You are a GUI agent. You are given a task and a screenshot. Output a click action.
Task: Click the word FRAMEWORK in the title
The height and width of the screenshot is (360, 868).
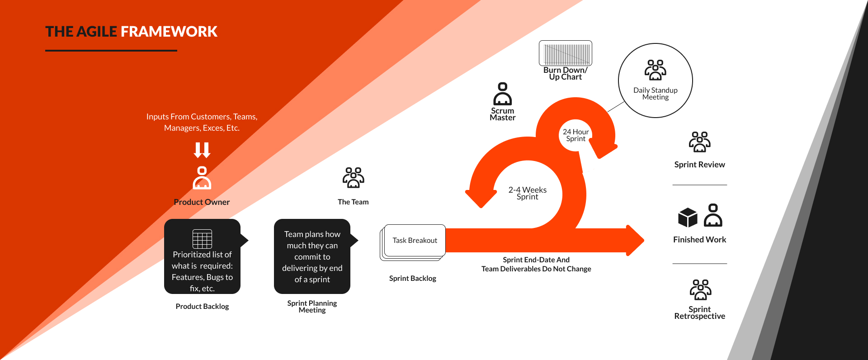(x=169, y=32)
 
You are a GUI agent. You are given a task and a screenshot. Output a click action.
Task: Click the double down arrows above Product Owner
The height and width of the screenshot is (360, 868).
(x=202, y=150)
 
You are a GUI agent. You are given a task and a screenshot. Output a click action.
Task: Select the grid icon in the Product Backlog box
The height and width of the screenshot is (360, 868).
(x=202, y=239)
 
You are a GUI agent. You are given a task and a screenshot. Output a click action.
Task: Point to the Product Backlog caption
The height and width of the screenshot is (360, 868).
(x=202, y=307)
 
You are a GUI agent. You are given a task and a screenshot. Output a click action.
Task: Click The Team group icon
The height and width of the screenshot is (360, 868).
(x=353, y=178)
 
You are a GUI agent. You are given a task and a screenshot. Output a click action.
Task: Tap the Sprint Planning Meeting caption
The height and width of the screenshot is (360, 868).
(x=312, y=307)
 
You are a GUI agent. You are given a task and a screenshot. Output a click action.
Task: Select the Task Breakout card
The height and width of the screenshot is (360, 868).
(x=415, y=240)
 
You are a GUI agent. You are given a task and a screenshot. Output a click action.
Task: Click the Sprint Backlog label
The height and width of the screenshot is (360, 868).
(x=412, y=279)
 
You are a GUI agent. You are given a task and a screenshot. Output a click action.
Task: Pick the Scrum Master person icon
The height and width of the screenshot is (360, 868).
(x=502, y=94)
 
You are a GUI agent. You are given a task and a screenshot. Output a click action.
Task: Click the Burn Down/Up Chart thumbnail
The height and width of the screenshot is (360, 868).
(x=565, y=53)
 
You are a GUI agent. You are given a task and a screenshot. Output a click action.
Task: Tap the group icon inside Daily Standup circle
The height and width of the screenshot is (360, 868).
(x=655, y=70)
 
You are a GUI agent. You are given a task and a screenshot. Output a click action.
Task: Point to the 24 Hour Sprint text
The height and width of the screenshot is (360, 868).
(x=576, y=135)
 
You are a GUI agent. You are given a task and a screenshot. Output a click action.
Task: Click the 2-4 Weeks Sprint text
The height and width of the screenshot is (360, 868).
(x=527, y=193)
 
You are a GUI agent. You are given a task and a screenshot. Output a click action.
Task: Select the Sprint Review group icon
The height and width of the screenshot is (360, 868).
(x=699, y=142)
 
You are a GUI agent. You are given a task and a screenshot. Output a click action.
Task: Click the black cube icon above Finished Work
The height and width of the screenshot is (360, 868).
(x=688, y=218)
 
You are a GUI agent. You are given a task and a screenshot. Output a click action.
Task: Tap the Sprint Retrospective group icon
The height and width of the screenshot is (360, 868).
(x=700, y=290)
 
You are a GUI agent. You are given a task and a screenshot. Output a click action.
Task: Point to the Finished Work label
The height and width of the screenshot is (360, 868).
(x=699, y=240)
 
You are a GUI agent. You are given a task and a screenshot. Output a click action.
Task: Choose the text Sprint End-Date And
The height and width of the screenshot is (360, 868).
(x=536, y=260)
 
